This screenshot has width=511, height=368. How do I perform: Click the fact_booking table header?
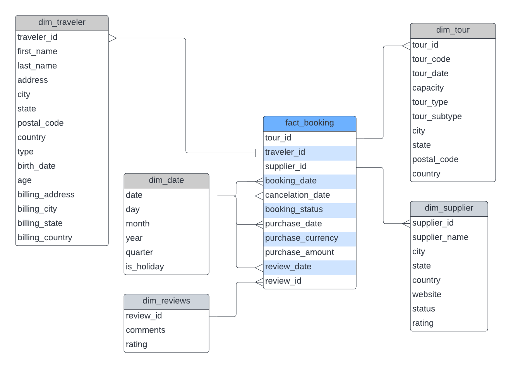point(309,123)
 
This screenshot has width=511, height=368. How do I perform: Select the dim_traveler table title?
point(62,22)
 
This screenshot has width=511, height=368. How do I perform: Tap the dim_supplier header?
point(449,208)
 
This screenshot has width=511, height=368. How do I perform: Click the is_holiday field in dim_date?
point(145,267)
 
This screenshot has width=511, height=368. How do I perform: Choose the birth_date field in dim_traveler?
point(36,166)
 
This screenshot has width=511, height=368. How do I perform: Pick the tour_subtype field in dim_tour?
point(437,116)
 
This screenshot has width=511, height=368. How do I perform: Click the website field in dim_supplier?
point(427,294)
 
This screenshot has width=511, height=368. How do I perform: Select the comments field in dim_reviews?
point(146,330)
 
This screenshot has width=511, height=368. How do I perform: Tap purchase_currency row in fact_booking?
point(302,238)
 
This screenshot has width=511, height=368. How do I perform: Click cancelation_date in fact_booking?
point(297,195)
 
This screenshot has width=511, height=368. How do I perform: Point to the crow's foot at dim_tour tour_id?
point(406,46)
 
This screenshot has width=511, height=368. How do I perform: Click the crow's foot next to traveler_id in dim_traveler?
point(113,38)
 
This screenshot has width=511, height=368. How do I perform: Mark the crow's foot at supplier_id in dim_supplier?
point(406,223)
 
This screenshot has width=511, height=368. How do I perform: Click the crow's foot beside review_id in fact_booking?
point(259,282)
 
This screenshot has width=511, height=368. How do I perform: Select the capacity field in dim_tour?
point(428,88)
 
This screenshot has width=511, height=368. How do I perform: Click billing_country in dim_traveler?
point(45,238)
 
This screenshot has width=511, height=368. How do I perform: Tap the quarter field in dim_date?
point(139,252)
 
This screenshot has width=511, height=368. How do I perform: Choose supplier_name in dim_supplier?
point(440,237)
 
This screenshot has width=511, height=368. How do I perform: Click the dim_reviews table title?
point(166,301)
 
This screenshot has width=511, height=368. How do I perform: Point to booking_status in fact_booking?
point(294,209)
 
